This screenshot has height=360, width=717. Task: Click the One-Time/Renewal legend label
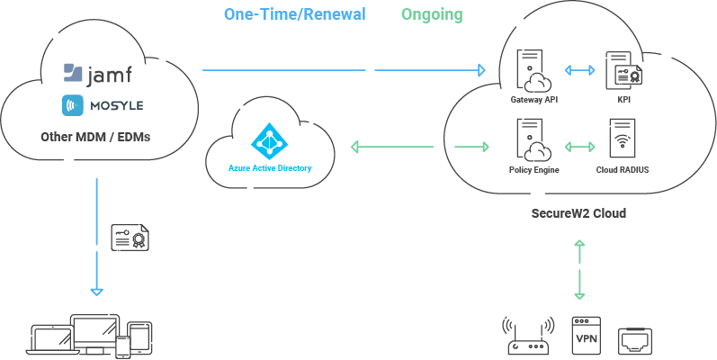(x=294, y=14)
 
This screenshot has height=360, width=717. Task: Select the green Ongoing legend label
(x=432, y=14)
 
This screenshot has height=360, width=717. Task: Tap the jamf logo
(x=98, y=74)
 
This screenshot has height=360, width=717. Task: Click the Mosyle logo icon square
(x=73, y=105)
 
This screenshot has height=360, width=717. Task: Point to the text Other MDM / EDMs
(x=95, y=137)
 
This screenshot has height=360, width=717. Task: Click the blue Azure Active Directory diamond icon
(x=270, y=141)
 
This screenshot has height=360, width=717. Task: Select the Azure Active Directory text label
(x=270, y=168)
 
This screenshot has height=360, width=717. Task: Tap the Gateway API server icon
(x=533, y=70)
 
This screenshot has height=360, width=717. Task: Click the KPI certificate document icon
(x=623, y=70)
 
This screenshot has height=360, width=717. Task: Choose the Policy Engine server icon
(x=533, y=140)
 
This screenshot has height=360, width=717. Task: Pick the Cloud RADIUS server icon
(x=623, y=139)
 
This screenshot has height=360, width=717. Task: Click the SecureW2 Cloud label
(x=578, y=213)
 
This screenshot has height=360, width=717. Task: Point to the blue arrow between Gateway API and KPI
(x=580, y=70)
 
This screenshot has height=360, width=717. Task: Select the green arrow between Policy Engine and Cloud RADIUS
(x=580, y=147)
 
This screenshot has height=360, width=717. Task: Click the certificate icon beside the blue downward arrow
(x=131, y=237)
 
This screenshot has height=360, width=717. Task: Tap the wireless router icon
(x=528, y=336)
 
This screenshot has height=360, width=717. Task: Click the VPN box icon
(x=587, y=336)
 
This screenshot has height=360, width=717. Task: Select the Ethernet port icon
(x=635, y=341)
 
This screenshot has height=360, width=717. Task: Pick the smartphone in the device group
(x=123, y=347)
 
